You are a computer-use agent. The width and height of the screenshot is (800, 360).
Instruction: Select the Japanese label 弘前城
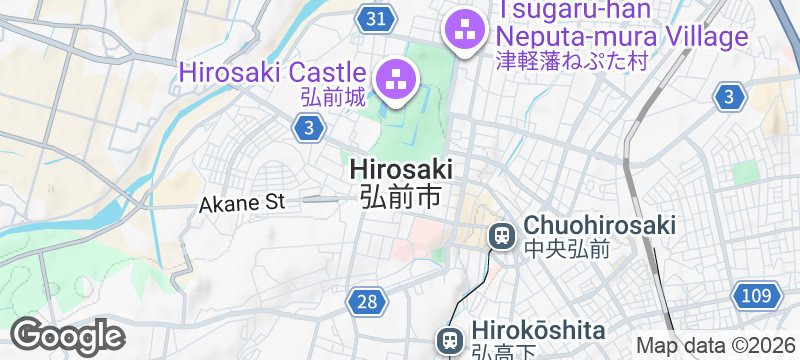point(332,99)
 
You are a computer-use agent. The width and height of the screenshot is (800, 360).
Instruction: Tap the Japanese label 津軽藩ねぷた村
point(572,61)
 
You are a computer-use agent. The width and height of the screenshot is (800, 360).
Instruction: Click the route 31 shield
point(376,18)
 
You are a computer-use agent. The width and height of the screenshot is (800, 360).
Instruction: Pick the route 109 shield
point(757,295)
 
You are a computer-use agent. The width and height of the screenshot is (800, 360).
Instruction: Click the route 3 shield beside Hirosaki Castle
point(310,127)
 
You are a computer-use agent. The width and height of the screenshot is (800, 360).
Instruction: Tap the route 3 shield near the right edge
point(731,96)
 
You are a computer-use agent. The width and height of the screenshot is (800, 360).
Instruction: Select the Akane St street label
point(243,203)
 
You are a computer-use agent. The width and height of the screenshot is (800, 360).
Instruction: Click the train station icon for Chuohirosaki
point(500,236)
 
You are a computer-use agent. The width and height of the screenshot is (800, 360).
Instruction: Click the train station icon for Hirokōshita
point(450,340)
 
